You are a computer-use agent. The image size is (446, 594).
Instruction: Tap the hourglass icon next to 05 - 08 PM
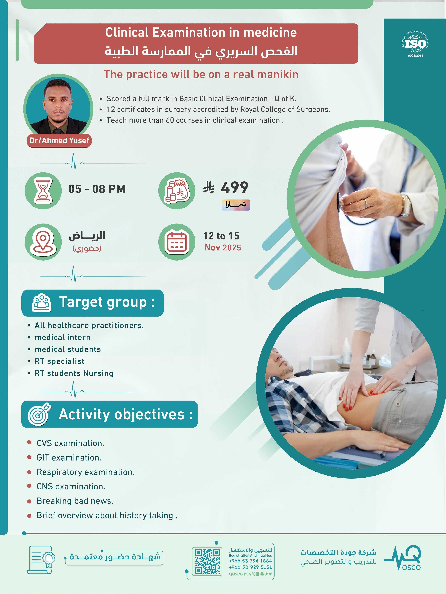point(43,191)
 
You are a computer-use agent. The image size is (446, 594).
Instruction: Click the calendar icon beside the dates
point(177,242)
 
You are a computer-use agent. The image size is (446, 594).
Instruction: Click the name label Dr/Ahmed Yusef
point(59,141)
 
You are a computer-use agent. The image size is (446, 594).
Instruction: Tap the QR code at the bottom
point(207,561)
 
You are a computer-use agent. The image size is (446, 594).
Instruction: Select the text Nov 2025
point(223,248)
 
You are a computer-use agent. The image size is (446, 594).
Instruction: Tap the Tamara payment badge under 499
point(236,205)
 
